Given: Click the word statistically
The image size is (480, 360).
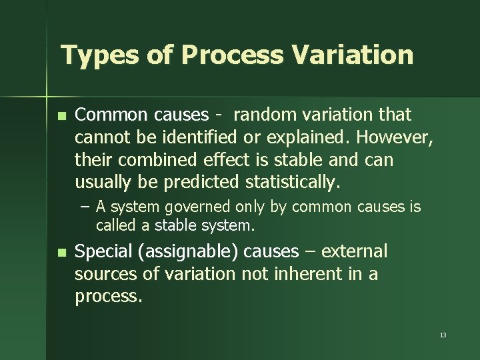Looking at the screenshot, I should (294, 183).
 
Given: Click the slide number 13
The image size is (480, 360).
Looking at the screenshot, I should (443, 335).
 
